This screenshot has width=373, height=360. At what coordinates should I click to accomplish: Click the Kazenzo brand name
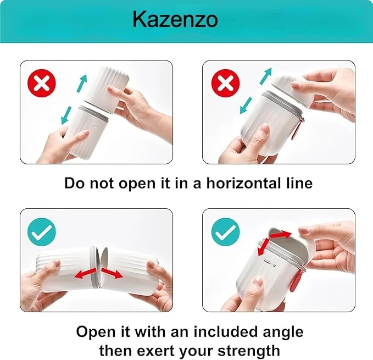click(x=175, y=19)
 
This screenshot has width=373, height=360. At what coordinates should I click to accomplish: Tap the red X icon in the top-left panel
click(x=42, y=83)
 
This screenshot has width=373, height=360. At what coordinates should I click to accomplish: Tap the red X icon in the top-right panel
click(x=225, y=83)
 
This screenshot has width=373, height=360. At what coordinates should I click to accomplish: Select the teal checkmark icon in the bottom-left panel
click(x=42, y=232)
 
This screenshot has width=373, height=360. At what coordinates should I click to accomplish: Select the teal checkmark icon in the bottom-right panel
click(x=225, y=232)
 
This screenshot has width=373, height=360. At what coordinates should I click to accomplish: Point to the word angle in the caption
click(x=283, y=332)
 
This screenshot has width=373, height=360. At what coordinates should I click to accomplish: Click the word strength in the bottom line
click(x=249, y=351)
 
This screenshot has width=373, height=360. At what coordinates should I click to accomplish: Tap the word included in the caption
click(x=225, y=331)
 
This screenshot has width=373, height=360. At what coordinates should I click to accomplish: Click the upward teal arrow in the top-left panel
click(x=82, y=83)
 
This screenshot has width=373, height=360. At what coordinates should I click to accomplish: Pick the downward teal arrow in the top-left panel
click(x=66, y=115)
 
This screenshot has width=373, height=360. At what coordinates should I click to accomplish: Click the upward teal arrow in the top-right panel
click(x=265, y=76)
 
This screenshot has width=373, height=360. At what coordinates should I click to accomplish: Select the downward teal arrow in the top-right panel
click(x=246, y=106)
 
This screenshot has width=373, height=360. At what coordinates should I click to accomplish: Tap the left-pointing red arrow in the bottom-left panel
click(x=85, y=273)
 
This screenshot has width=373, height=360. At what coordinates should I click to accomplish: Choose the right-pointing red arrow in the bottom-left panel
click(x=113, y=273)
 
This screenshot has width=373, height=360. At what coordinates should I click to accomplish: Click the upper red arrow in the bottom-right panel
click(x=280, y=235)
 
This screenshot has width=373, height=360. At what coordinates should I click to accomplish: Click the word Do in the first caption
click(x=74, y=183)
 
